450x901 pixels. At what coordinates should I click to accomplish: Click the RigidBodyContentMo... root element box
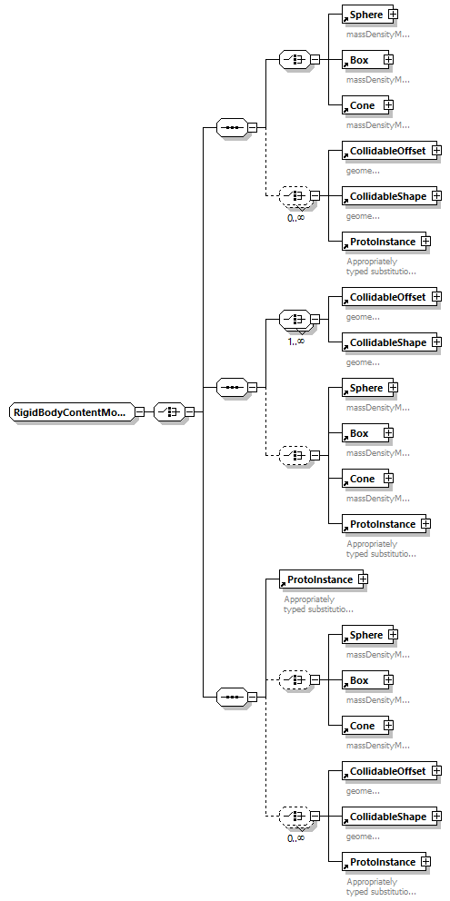(x=71, y=411)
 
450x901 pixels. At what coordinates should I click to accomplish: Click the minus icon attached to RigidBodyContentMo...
(x=139, y=411)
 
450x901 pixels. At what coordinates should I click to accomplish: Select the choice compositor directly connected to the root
(x=168, y=411)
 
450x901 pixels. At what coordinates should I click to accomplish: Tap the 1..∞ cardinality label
(x=295, y=341)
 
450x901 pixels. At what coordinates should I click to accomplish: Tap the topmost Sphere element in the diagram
(x=366, y=15)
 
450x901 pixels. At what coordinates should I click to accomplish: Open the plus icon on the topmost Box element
(x=388, y=60)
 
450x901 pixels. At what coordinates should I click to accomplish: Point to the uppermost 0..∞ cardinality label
(x=295, y=217)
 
